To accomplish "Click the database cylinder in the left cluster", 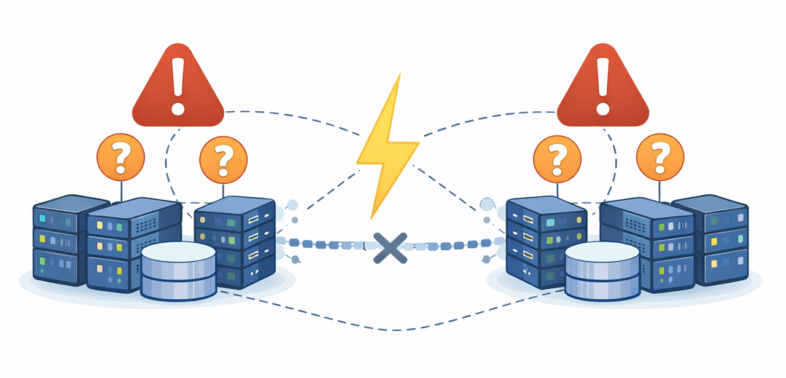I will click(x=178, y=270).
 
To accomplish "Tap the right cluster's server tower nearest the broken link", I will click(x=543, y=243).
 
